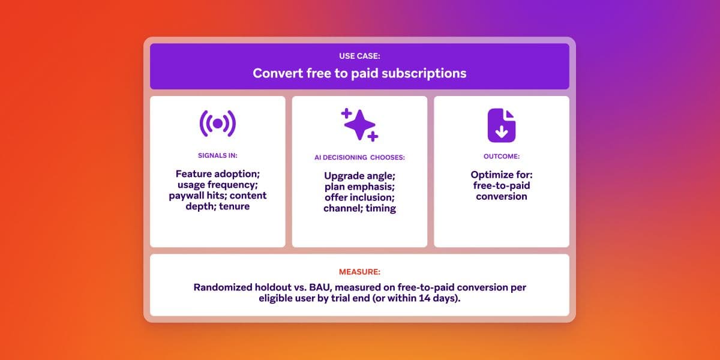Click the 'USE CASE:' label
pyautogui.click(x=359, y=56)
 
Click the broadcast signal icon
pyautogui.click(x=217, y=124)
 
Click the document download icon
pyautogui.click(x=501, y=125)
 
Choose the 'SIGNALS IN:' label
pyautogui.click(x=217, y=156)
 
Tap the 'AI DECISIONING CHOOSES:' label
pyautogui.click(x=359, y=158)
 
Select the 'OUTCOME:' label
pyautogui.click(x=501, y=156)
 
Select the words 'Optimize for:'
pyautogui.click(x=501, y=175)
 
